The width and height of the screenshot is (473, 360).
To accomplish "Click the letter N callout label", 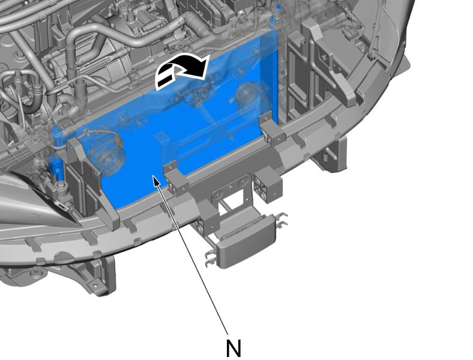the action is click(x=233, y=348).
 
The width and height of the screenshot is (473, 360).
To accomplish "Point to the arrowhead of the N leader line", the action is click(x=156, y=181).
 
